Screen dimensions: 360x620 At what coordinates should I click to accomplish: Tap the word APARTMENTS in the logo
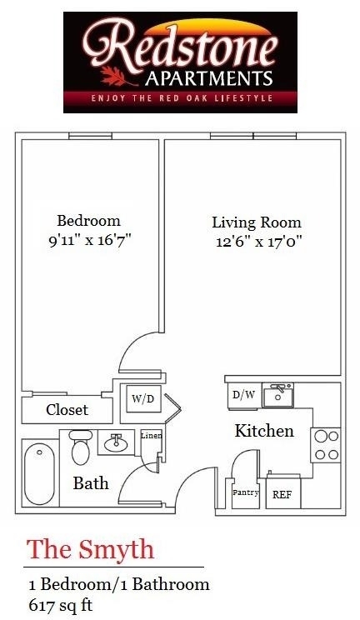(x=208, y=78)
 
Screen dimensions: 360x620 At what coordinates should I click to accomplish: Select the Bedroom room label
(x=88, y=220)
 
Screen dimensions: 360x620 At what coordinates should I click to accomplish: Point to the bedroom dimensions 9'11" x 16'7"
(x=89, y=240)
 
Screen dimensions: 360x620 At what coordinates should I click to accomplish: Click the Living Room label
(x=257, y=222)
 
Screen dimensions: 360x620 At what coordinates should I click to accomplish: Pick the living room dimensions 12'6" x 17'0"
(x=259, y=241)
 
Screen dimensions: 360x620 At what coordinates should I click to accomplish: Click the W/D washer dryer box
(x=142, y=398)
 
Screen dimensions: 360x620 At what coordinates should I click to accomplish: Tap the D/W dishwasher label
(x=243, y=395)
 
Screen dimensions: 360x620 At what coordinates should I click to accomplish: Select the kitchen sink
(x=277, y=395)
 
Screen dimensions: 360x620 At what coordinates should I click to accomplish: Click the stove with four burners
(x=326, y=445)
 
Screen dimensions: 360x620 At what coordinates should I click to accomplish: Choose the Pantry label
(x=245, y=492)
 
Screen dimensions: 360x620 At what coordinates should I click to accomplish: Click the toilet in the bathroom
(x=81, y=447)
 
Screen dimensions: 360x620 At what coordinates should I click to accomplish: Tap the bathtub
(x=39, y=473)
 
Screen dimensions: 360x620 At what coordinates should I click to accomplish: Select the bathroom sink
(x=116, y=442)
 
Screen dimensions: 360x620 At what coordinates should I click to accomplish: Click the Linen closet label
(x=152, y=436)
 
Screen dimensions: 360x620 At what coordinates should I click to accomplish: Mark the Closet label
(x=67, y=410)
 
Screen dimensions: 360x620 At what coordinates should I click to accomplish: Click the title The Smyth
(x=90, y=549)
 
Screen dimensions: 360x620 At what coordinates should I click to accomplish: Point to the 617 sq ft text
(x=61, y=604)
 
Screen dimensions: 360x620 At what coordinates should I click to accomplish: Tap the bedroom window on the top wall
(x=90, y=136)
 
